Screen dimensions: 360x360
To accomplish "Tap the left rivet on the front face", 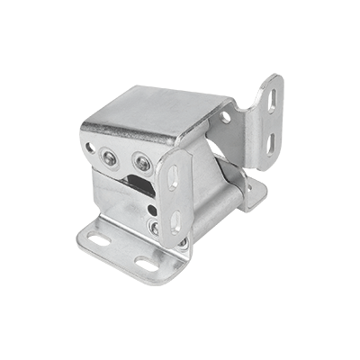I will (x=109, y=157).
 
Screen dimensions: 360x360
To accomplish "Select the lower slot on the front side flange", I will (x=174, y=219).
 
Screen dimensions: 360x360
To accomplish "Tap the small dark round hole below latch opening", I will (x=152, y=211).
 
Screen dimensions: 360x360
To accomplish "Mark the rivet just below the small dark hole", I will (x=153, y=227).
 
